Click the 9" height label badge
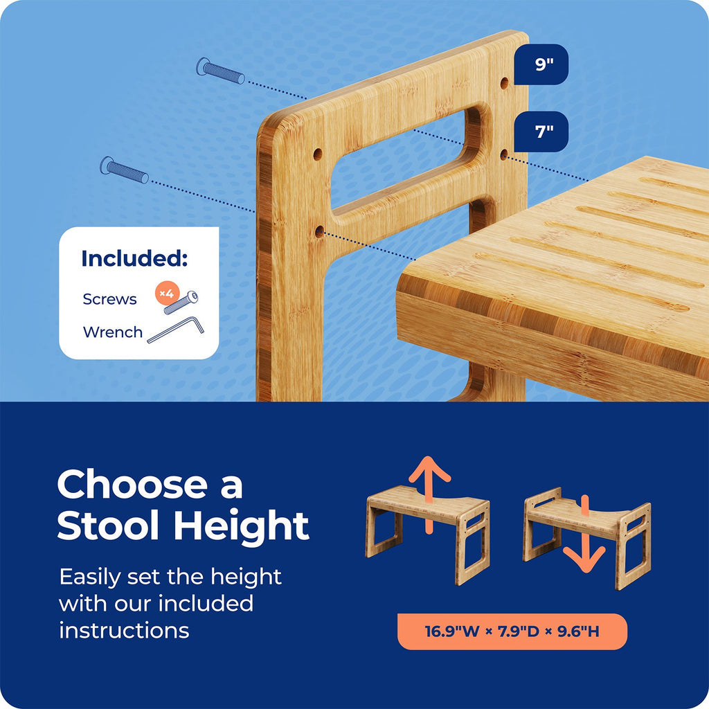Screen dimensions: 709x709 click(x=541, y=64)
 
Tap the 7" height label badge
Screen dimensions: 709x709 click(x=541, y=132)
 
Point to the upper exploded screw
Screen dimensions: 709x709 click(x=221, y=71)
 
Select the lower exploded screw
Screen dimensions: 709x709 click(x=125, y=170)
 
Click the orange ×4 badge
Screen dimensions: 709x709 click(x=168, y=294)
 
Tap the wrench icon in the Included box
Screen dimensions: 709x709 click(x=175, y=330)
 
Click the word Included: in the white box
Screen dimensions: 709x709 click(x=134, y=258)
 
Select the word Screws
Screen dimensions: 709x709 click(x=109, y=299)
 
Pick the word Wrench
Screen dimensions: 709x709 click(x=113, y=332)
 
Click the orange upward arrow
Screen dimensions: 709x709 click(x=429, y=493)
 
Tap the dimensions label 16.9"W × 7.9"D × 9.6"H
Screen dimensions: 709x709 click(x=512, y=631)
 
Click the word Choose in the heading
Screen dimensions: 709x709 click(x=132, y=484)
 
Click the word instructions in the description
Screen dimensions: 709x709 click(x=124, y=630)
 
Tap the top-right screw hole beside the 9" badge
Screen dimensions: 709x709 click(x=504, y=83)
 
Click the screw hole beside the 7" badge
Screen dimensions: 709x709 click(x=504, y=155)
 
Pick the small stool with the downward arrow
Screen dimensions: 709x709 click(x=587, y=537)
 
